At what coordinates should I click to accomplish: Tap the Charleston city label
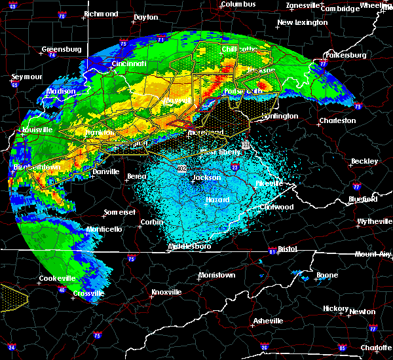(x=337, y=120)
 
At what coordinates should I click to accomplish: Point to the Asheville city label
(x=269, y=321)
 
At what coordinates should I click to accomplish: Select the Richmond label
(x=101, y=14)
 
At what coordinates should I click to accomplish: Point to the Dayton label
(x=145, y=17)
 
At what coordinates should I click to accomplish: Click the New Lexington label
(x=302, y=22)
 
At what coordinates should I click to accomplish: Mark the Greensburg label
(x=61, y=49)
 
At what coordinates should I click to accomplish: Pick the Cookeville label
(x=58, y=278)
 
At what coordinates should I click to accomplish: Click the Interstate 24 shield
(x=11, y=347)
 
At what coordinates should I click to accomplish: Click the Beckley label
(x=364, y=161)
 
